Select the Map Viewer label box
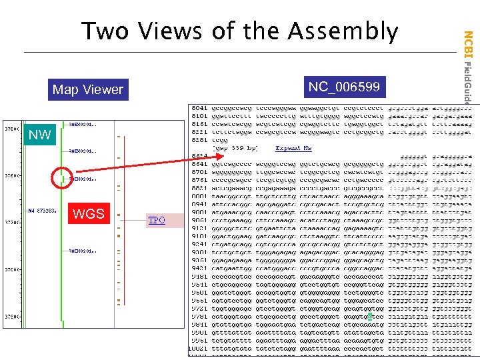pos(87,89)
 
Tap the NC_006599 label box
pos(344,87)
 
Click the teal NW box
pos(39,135)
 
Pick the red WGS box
pos(89,213)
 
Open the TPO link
pos(157,220)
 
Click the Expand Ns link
pos(294,148)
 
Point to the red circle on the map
pos(61,178)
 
